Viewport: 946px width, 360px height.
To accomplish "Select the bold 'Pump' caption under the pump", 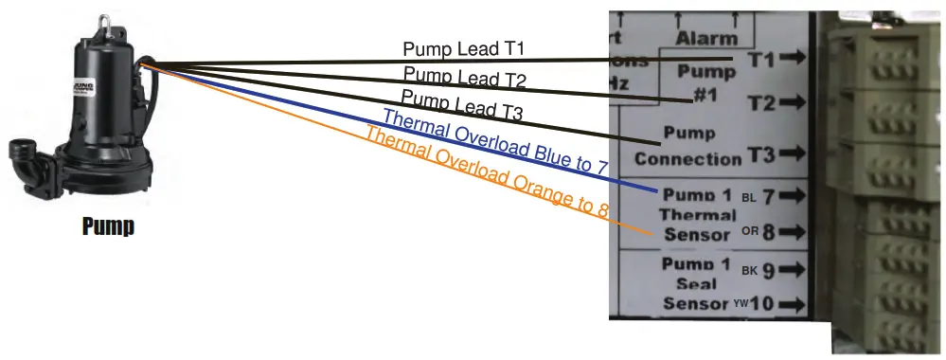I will [x=107, y=227].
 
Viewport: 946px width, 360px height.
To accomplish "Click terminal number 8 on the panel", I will [x=769, y=232].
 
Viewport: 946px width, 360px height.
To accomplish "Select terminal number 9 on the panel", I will [x=769, y=271].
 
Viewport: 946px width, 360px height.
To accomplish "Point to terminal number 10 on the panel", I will [x=764, y=304].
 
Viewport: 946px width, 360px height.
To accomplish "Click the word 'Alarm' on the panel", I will [x=705, y=39].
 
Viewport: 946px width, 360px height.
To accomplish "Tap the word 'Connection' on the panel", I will [x=687, y=158].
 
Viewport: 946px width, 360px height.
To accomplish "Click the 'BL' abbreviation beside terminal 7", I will [x=749, y=198].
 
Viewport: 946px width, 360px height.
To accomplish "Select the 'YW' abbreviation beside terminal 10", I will [x=741, y=305].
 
